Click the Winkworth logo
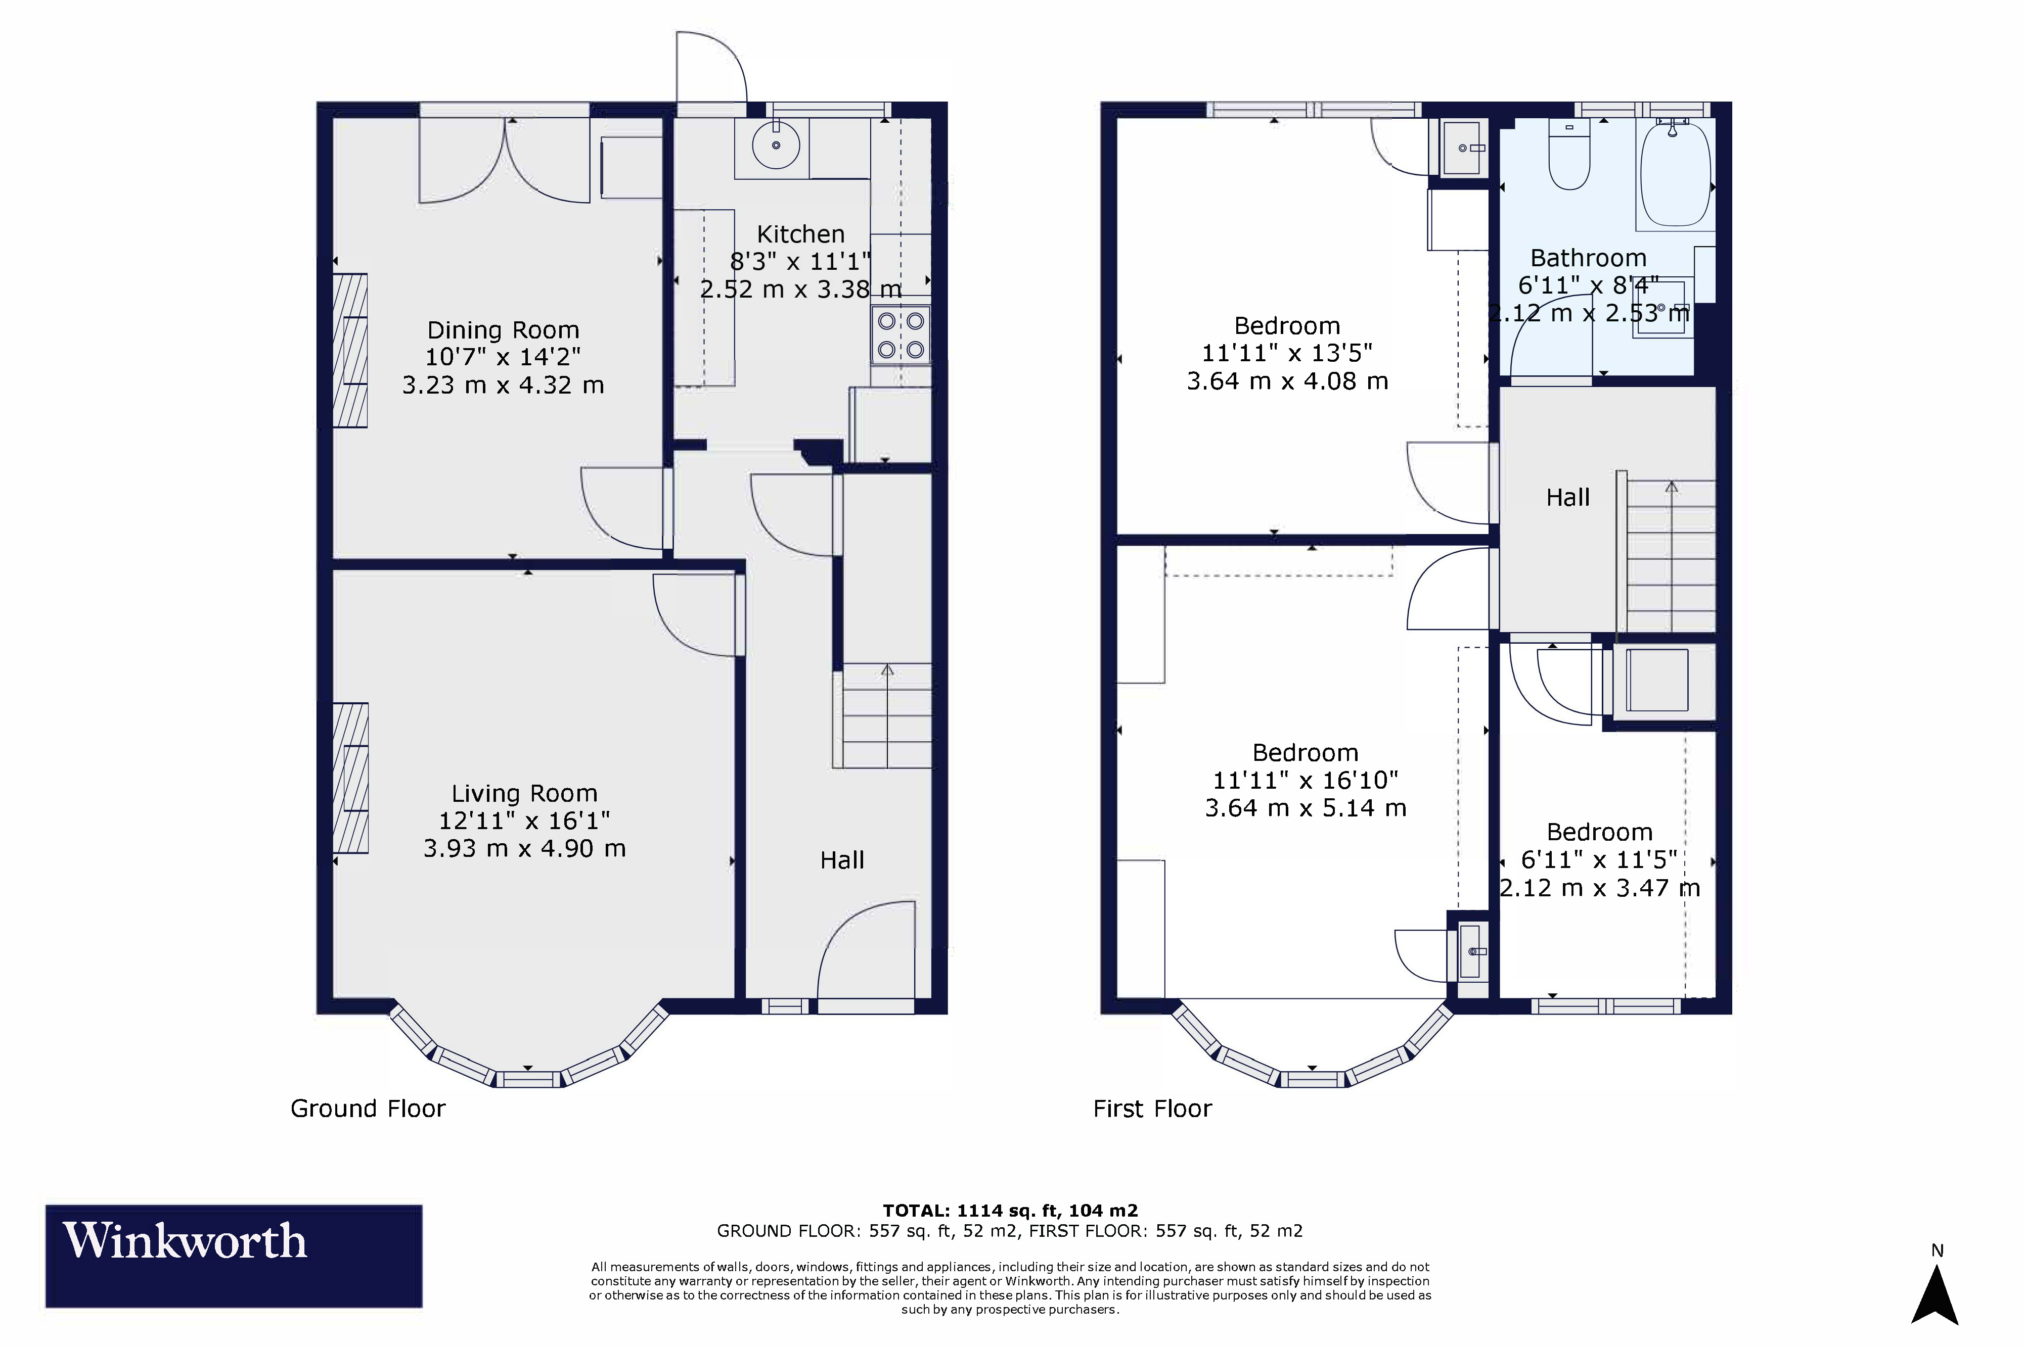click(x=234, y=1256)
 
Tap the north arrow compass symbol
click(x=1935, y=1294)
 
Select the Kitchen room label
click(x=801, y=234)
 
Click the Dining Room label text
click(x=503, y=330)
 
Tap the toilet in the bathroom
click(x=1570, y=155)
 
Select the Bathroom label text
click(x=1589, y=258)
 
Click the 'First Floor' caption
click(x=1152, y=1109)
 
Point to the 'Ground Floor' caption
click(x=368, y=1109)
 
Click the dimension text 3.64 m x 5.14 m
click(x=1306, y=808)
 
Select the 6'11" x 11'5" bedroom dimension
click(x=1600, y=860)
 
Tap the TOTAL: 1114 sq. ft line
click(x=1011, y=1211)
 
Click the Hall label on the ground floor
click(x=842, y=860)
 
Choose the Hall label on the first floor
click(x=1568, y=497)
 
